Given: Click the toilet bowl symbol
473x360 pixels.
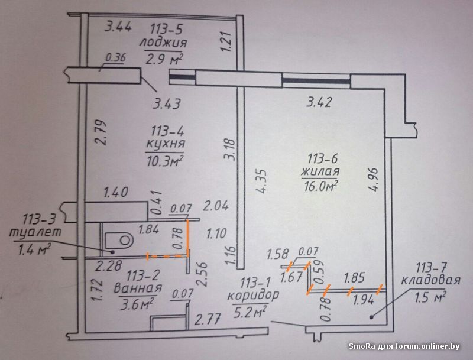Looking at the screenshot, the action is click(x=119, y=239).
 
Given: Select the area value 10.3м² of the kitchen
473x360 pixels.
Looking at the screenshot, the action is click(x=166, y=160).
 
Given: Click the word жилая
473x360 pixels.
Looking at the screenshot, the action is click(x=320, y=171).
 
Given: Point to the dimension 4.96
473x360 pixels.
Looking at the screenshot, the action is click(x=373, y=179).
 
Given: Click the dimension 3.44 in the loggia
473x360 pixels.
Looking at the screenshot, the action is click(x=118, y=27).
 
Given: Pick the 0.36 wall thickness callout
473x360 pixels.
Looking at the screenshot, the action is click(x=115, y=57).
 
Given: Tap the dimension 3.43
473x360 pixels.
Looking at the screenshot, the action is click(x=167, y=103).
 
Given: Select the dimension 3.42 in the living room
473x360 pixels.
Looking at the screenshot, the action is click(x=319, y=102).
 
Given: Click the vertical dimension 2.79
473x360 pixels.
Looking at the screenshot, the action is click(x=101, y=132).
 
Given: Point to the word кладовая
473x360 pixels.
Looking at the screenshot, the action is click(x=431, y=280).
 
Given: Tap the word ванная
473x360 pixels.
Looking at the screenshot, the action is click(x=138, y=288).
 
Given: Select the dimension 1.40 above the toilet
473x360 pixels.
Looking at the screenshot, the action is click(x=116, y=192).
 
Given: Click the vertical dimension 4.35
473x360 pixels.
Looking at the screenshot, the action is click(x=261, y=181).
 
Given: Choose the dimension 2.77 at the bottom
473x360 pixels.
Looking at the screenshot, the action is click(x=208, y=319).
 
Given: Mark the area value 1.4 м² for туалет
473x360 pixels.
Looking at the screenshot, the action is click(x=34, y=250).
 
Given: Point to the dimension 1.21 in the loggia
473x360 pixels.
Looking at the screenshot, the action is click(x=226, y=41).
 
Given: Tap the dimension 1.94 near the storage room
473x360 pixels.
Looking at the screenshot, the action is click(x=363, y=300).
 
